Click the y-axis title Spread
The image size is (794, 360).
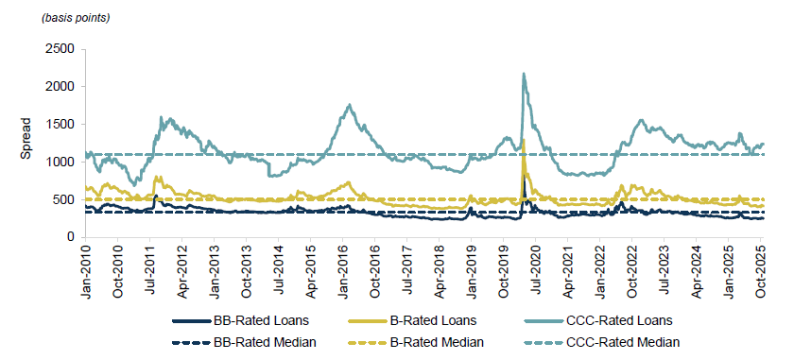tap(26, 138)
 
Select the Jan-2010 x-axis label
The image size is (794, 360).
tap(87, 272)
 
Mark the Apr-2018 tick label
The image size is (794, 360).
tap(442, 272)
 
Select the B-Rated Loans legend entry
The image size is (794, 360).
tap(434, 321)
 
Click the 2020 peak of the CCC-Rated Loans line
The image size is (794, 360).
tap(524, 74)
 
